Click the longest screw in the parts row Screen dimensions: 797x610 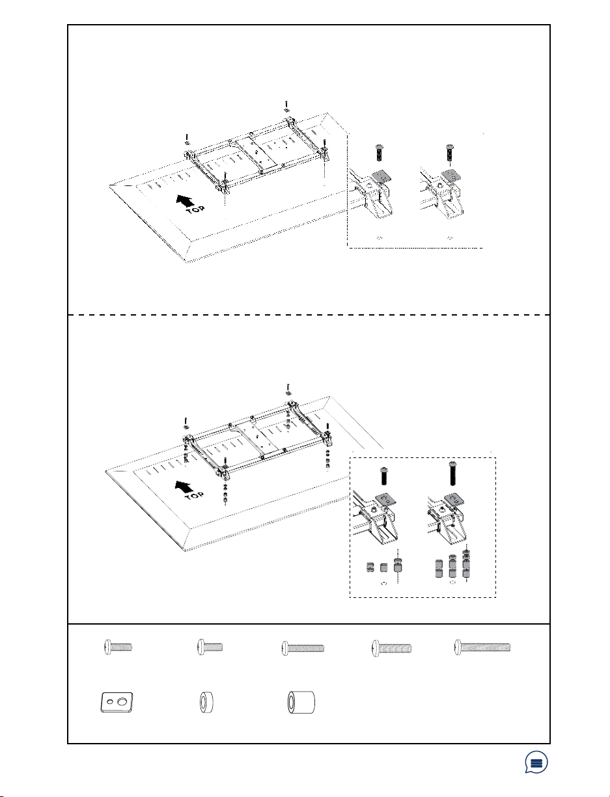click(482, 647)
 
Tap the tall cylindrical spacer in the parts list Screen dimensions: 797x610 click(301, 703)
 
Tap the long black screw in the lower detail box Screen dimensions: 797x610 click(452, 475)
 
